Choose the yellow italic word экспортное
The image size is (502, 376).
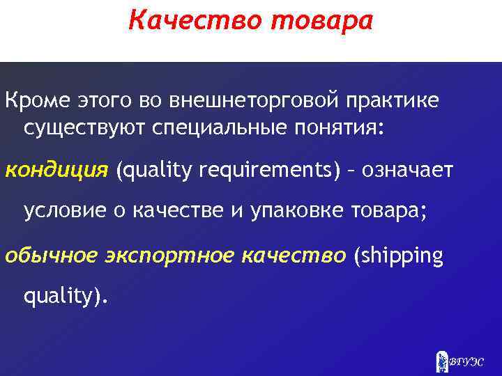[x=165, y=256]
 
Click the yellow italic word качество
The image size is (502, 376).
[x=293, y=256]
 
